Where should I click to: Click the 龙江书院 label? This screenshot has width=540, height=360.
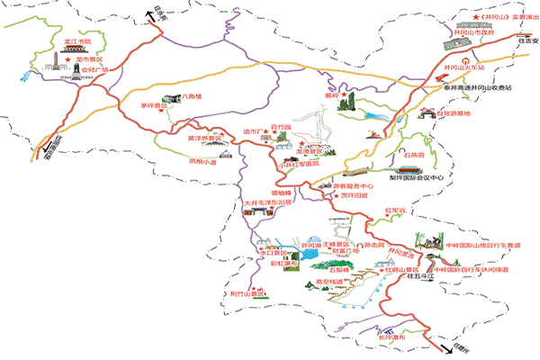(78, 41)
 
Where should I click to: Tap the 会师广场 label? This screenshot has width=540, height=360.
(91, 68)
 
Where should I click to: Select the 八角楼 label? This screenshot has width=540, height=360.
(193, 95)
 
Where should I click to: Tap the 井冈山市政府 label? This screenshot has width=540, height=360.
(473, 31)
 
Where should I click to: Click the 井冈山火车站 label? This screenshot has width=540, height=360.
(465, 67)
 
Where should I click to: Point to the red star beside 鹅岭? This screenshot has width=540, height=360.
(343, 92)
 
